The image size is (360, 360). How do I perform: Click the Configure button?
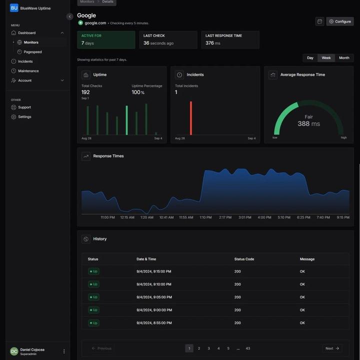pyautogui.click(x=340, y=21)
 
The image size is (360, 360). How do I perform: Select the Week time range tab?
pyautogui.click(x=326, y=58)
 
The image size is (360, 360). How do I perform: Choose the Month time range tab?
pyautogui.click(x=344, y=58)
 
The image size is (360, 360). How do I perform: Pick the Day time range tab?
pyautogui.click(x=310, y=58)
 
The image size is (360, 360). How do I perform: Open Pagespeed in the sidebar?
pyautogui.click(x=32, y=52)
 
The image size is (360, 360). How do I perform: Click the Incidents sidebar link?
pyautogui.click(x=25, y=61)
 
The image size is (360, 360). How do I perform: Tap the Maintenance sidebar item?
pyautogui.click(x=28, y=71)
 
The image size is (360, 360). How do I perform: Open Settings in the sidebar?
pyautogui.click(x=24, y=117)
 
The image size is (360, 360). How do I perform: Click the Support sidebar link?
pyautogui.click(x=24, y=107)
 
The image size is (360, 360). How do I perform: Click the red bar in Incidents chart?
pyautogui.click(x=190, y=118)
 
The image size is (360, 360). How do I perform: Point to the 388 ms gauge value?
pyautogui.click(x=308, y=124)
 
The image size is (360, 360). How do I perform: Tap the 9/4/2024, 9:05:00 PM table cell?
pyautogui.click(x=153, y=297)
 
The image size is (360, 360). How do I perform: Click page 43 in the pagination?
pyautogui.click(x=247, y=349)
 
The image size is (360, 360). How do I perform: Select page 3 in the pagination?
pyautogui.click(x=208, y=349)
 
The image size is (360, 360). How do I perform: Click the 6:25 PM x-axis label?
pyautogui.click(x=303, y=218)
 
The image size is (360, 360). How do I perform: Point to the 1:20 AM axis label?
pyautogui.click(x=146, y=218)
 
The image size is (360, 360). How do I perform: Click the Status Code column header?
pyautogui.click(x=244, y=259)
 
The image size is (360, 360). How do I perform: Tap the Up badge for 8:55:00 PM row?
pyautogui.click(x=93, y=323)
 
